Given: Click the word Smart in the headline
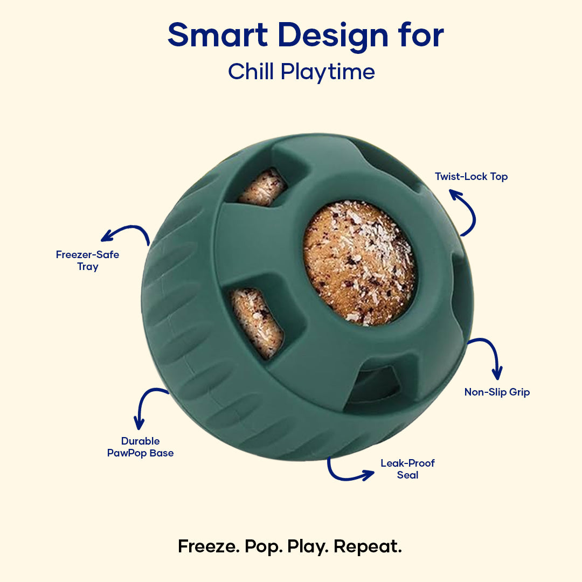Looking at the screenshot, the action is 218,34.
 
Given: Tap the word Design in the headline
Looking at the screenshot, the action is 333,37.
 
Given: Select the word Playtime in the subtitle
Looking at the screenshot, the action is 328,72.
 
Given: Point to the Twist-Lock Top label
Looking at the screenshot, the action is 471,176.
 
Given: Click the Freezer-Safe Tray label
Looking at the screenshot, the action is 88,260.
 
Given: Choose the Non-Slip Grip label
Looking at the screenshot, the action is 497,392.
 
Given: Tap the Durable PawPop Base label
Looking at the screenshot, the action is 140,447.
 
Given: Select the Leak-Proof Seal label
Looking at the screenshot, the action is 407,469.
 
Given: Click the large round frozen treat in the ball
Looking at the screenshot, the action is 359,263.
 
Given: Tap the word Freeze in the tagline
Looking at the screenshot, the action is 209,547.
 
